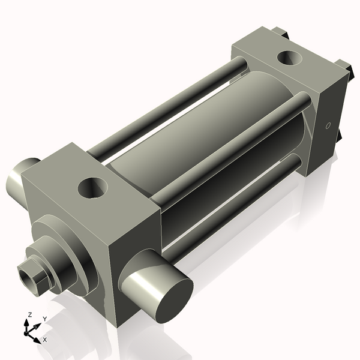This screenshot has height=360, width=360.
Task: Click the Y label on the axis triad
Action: click(44, 319)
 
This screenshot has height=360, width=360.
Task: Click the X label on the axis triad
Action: click(45, 340)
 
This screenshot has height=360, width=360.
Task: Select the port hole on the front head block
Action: click(92, 189)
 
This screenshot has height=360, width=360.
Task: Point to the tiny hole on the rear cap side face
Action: click(328, 126)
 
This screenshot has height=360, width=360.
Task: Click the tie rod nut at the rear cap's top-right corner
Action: click(343, 66)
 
